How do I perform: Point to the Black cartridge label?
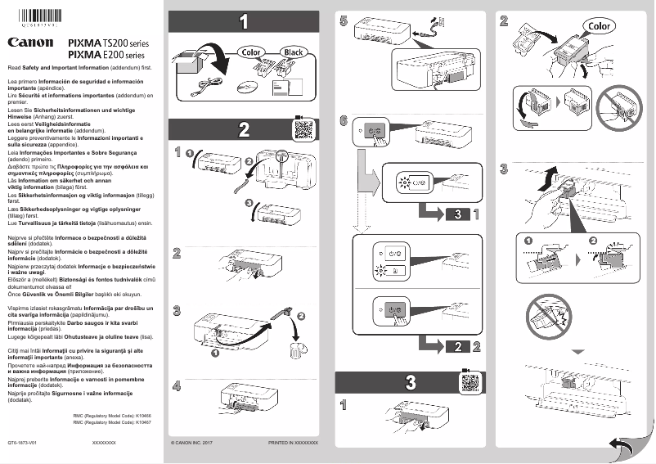click(x=292, y=53)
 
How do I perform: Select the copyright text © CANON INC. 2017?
click(x=191, y=442)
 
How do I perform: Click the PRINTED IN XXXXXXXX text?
click(x=292, y=442)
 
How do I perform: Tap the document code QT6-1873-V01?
click(x=24, y=442)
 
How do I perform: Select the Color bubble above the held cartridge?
click(x=599, y=26)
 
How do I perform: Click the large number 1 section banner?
click(x=244, y=22)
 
